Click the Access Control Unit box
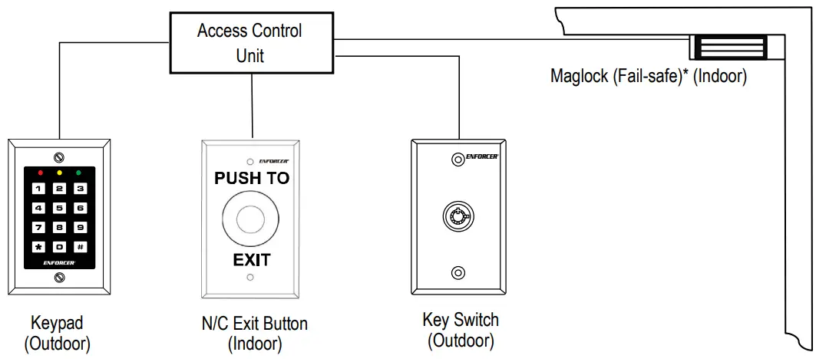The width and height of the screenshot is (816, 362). [249, 43]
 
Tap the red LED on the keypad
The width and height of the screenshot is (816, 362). [39, 173]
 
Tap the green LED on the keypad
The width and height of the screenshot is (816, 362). [78, 173]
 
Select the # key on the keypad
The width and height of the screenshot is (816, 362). [79, 247]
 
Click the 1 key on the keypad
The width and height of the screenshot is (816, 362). [39, 188]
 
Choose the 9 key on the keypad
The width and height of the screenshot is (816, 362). [79, 227]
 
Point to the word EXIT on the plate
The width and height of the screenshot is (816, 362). [252, 260]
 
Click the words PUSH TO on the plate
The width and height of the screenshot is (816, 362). [252, 179]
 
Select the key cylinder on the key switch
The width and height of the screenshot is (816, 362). [458, 216]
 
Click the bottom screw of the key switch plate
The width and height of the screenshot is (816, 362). [458, 272]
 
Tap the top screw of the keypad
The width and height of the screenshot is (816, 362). [59, 157]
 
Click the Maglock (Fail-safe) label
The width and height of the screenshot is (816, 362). [648, 77]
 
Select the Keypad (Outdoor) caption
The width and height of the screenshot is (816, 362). [58, 333]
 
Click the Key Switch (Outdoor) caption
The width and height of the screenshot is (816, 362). [460, 329]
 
